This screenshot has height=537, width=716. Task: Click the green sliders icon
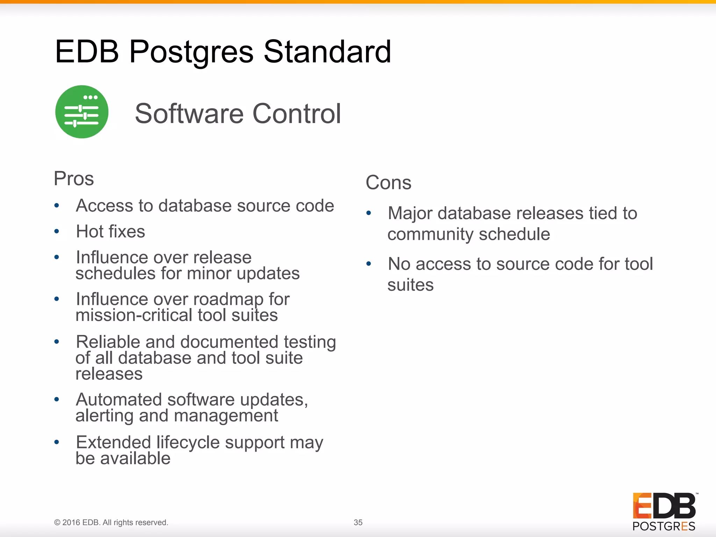coord(82,112)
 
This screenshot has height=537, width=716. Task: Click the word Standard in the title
coord(327,52)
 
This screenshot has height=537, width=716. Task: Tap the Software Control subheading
coord(238,114)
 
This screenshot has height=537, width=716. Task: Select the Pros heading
coord(74,179)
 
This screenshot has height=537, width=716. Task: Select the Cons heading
coord(388,182)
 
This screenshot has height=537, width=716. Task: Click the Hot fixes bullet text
coord(110,231)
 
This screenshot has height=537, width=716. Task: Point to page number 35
coord(358,522)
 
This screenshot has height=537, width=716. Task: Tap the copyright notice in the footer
coord(111,522)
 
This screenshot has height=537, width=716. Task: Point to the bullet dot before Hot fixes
coord(57,231)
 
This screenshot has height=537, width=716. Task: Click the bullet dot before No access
coord(368,264)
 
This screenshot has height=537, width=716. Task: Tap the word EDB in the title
coord(87,52)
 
